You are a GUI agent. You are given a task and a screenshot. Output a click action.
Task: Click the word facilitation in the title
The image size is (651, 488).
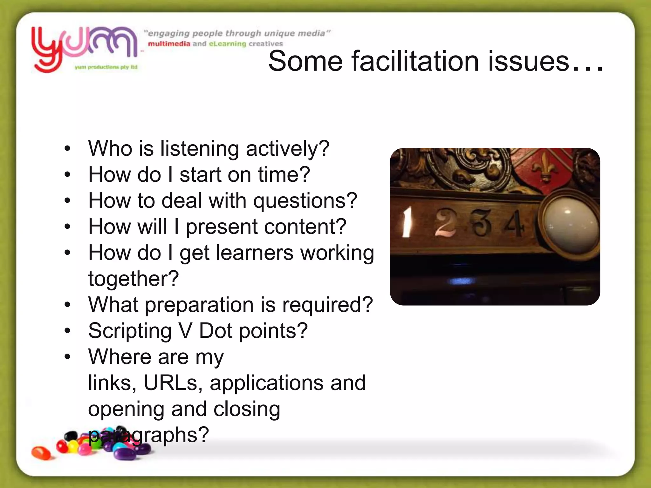pyautogui.click(x=415, y=61)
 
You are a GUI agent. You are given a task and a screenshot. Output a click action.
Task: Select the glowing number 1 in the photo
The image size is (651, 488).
pyautogui.click(x=406, y=222)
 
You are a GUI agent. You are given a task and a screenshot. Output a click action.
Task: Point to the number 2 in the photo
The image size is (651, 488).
pyautogui.click(x=445, y=222)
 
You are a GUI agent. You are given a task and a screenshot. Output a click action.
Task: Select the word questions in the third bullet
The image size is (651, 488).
pyautogui.click(x=305, y=201)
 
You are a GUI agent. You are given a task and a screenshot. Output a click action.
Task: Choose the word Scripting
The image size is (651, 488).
pyautogui.click(x=130, y=331)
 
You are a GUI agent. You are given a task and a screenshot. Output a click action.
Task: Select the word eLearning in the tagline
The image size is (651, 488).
pyautogui.click(x=227, y=44)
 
